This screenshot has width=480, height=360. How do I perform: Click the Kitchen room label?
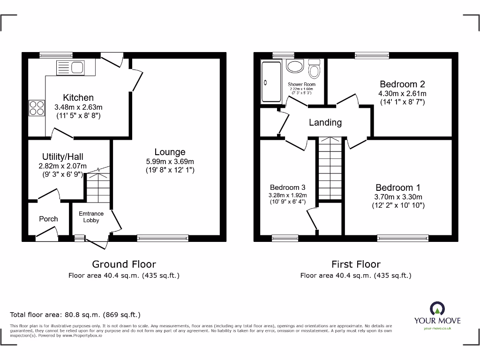[78, 97]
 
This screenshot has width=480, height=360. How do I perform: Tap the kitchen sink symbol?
[70, 68]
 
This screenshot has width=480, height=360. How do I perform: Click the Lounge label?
[170, 152]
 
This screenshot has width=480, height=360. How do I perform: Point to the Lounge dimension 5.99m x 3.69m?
[170, 161]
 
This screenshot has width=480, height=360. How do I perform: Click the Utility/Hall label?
[63, 157]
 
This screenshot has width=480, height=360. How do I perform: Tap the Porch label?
[48, 219]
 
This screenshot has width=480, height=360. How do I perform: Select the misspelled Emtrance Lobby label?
[91, 217]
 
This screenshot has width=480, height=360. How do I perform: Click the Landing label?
[325, 122]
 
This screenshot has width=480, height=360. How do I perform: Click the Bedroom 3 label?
[288, 187]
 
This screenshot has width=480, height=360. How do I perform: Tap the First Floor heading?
[356, 264]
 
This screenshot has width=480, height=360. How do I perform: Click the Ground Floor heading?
[124, 264]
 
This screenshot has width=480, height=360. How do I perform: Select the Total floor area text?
[75, 315]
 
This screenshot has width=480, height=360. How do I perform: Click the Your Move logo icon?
[437, 309]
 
